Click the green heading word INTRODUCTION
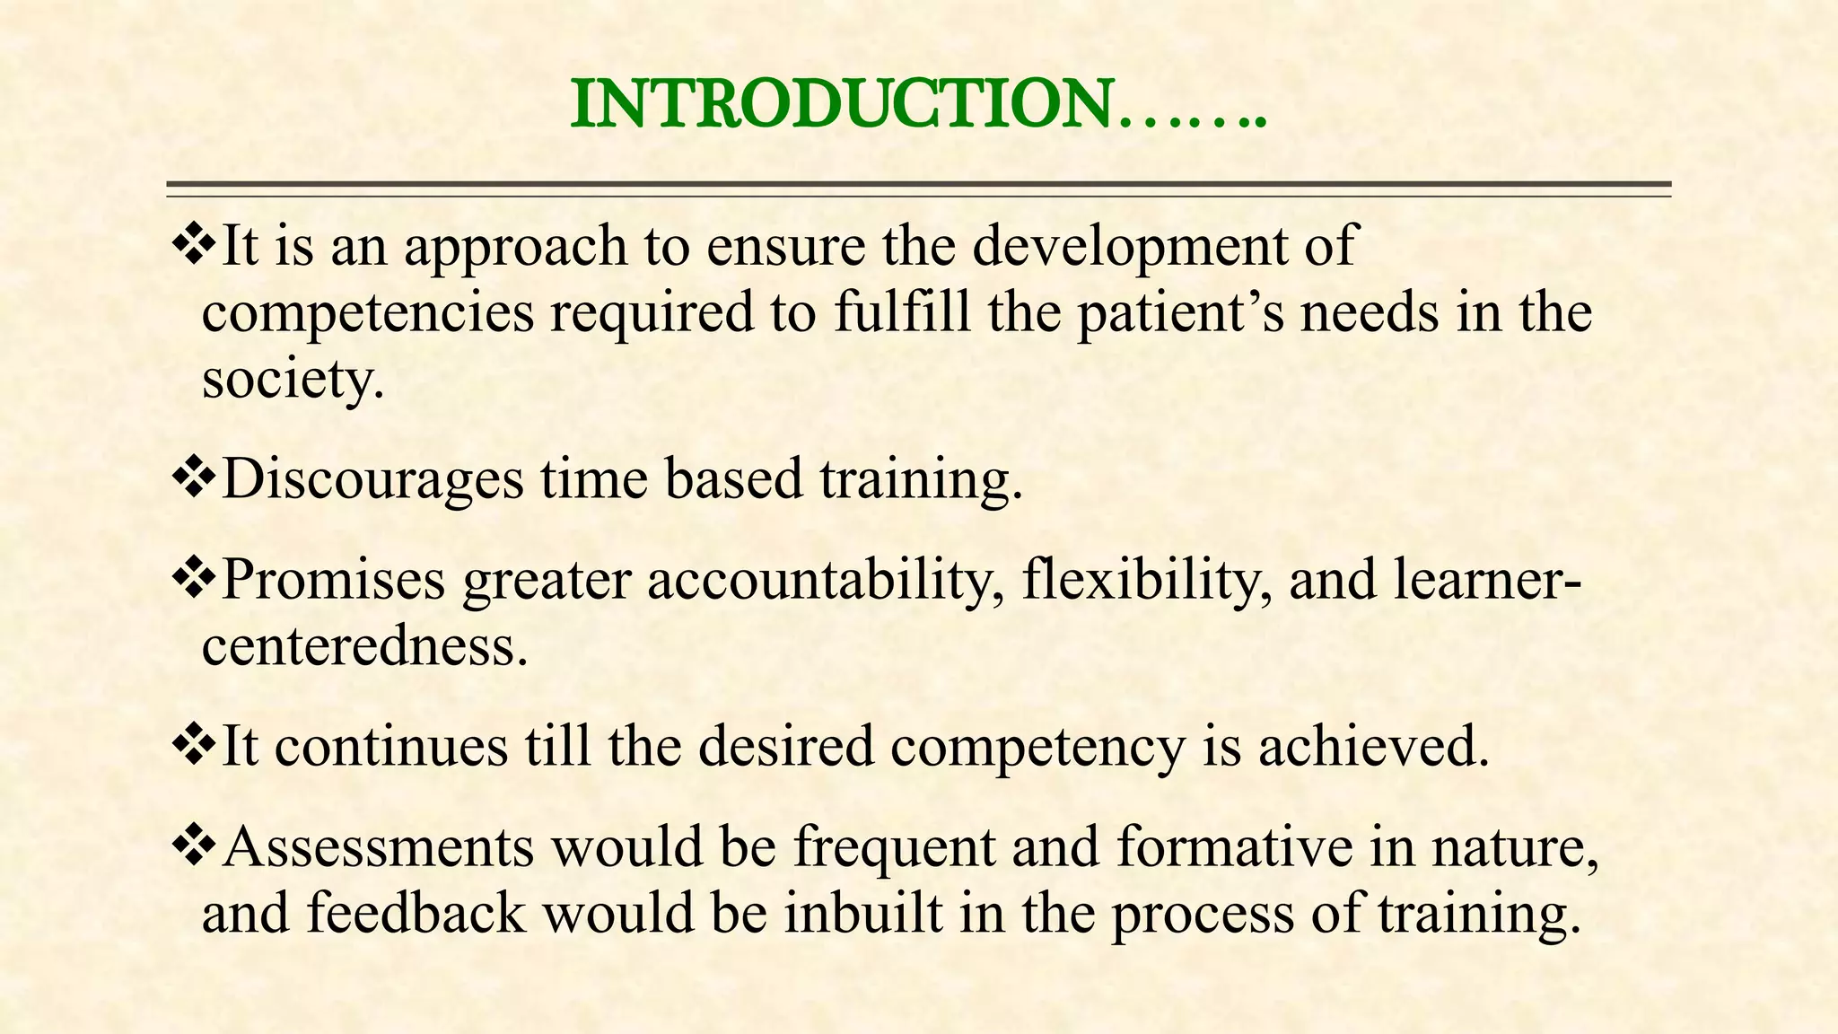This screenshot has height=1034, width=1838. [x=842, y=105]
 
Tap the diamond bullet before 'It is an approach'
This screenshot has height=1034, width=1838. [x=195, y=244]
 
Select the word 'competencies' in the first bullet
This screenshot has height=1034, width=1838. [x=367, y=314]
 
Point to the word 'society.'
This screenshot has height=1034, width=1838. [x=293, y=380]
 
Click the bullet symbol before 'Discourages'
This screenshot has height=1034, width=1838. [x=195, y=478]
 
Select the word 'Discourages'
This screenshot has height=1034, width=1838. [x=372, y=479]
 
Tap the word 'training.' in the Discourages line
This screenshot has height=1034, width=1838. [x=922, y=479]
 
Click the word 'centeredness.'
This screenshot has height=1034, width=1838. [x=364, y=646]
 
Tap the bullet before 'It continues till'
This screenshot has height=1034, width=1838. [x=195, y=746]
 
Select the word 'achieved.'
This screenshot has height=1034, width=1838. [x=1373, y=747]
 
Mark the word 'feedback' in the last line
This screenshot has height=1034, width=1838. [x=416, y=914]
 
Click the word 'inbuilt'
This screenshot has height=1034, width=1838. [x=863, y=914]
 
